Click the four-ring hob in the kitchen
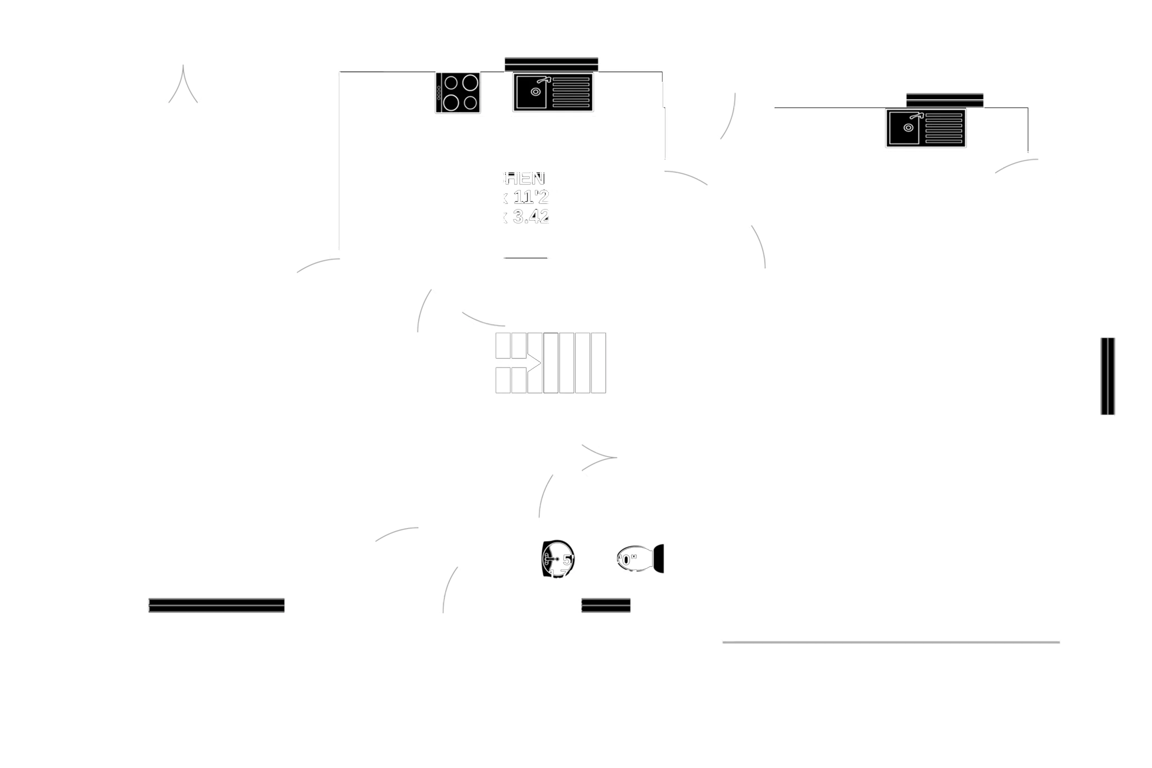point(459,93)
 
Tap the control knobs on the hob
point(439,93)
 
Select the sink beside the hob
point(552,93)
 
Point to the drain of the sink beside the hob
point(536,92)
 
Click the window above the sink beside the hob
point(552,62)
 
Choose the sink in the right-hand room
point(926,129)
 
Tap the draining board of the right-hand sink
point(945,129)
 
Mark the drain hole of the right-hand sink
point(908,128)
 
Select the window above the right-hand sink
point(945,99)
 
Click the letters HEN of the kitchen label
point(525,179)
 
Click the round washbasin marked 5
point(557,558)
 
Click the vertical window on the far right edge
point(1107,376)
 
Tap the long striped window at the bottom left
point(217,605)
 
